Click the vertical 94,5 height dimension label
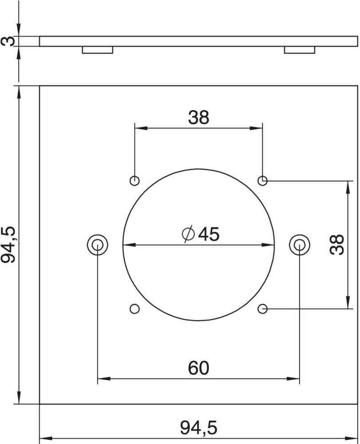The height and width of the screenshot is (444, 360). click(10, 244)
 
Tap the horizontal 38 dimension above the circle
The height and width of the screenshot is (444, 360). click(198, 117)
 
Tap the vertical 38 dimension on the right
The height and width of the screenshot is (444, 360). click(337, 244)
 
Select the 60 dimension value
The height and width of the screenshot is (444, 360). click(198, 368)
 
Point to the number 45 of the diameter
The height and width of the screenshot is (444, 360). click(209, 234)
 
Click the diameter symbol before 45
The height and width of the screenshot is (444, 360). click(188, 234)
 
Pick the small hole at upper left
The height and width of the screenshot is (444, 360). click(135, 181)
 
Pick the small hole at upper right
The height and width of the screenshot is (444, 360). click(263, 181)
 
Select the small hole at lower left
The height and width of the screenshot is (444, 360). click(135, 308)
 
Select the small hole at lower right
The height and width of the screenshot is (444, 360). click(263, 308)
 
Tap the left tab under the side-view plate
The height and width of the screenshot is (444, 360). click(98, 50)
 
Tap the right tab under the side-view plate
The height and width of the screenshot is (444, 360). click(300, 50)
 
